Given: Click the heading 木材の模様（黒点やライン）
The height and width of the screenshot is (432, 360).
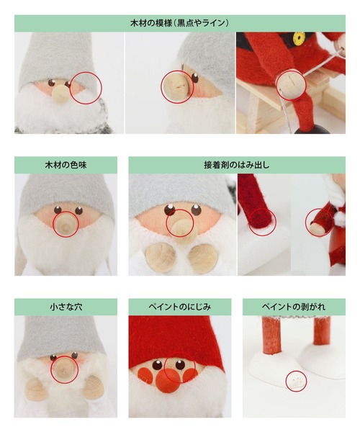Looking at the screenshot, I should (x=179, y=23).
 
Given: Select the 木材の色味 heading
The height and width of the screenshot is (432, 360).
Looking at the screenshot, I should (x=66, y=165).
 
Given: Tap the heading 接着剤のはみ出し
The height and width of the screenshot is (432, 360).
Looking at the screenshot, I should (x=236, y=165).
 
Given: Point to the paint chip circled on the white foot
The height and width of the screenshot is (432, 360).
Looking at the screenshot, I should (x=293, y=381).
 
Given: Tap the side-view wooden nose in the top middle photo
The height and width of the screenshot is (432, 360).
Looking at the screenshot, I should (x=174, y=88).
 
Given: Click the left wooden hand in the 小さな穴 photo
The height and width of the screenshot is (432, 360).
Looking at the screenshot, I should (x=35, y=389).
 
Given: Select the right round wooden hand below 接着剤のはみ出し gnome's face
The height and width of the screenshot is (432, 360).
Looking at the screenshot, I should (x=203, y=254).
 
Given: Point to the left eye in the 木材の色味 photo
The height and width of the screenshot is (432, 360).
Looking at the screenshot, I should (x=55, y=210).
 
